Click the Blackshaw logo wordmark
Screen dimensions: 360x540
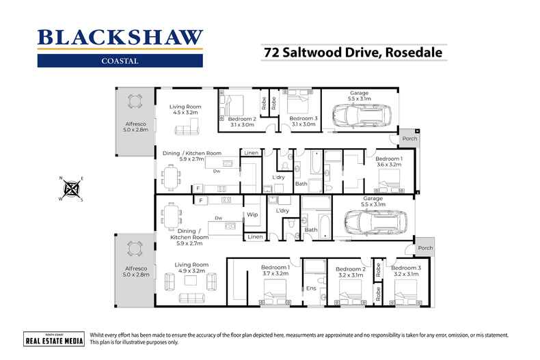click(x=120, y=38)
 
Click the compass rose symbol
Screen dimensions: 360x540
click(x=70, y=189)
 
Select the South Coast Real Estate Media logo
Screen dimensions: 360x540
click(x=53, y=340)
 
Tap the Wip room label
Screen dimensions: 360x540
click(x=252, y=214)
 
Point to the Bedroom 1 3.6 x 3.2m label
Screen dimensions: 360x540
click(x=388, y=162)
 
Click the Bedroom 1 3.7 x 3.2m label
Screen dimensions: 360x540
click(x=275, y=271)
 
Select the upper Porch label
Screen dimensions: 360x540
click(x=409, y=139)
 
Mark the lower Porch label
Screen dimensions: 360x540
click(x=425, y=248)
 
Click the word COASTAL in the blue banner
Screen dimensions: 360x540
click(x=120, y=60)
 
